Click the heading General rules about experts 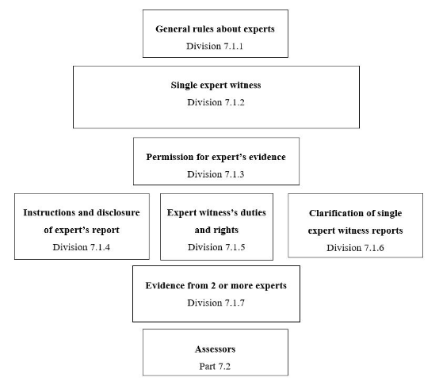(x=216, y=29)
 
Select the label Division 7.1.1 (x=216, y=46)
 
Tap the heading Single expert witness (x=216, y=85)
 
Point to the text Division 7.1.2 (x=216, y=102)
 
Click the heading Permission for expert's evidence (x=216, y=157)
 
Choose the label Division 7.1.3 (x=216, y=174)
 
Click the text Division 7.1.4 (x=81, y=247)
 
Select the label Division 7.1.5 (x=216, y=247)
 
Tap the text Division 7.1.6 (x=355, y=247)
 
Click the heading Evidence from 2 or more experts (x=216, y=285)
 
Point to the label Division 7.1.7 (x=216, y=303)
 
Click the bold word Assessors (x=216, y=348)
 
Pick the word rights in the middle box (x=230, y=230)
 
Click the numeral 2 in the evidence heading (x=219, y=285)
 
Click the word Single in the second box (x=185, y=85)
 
